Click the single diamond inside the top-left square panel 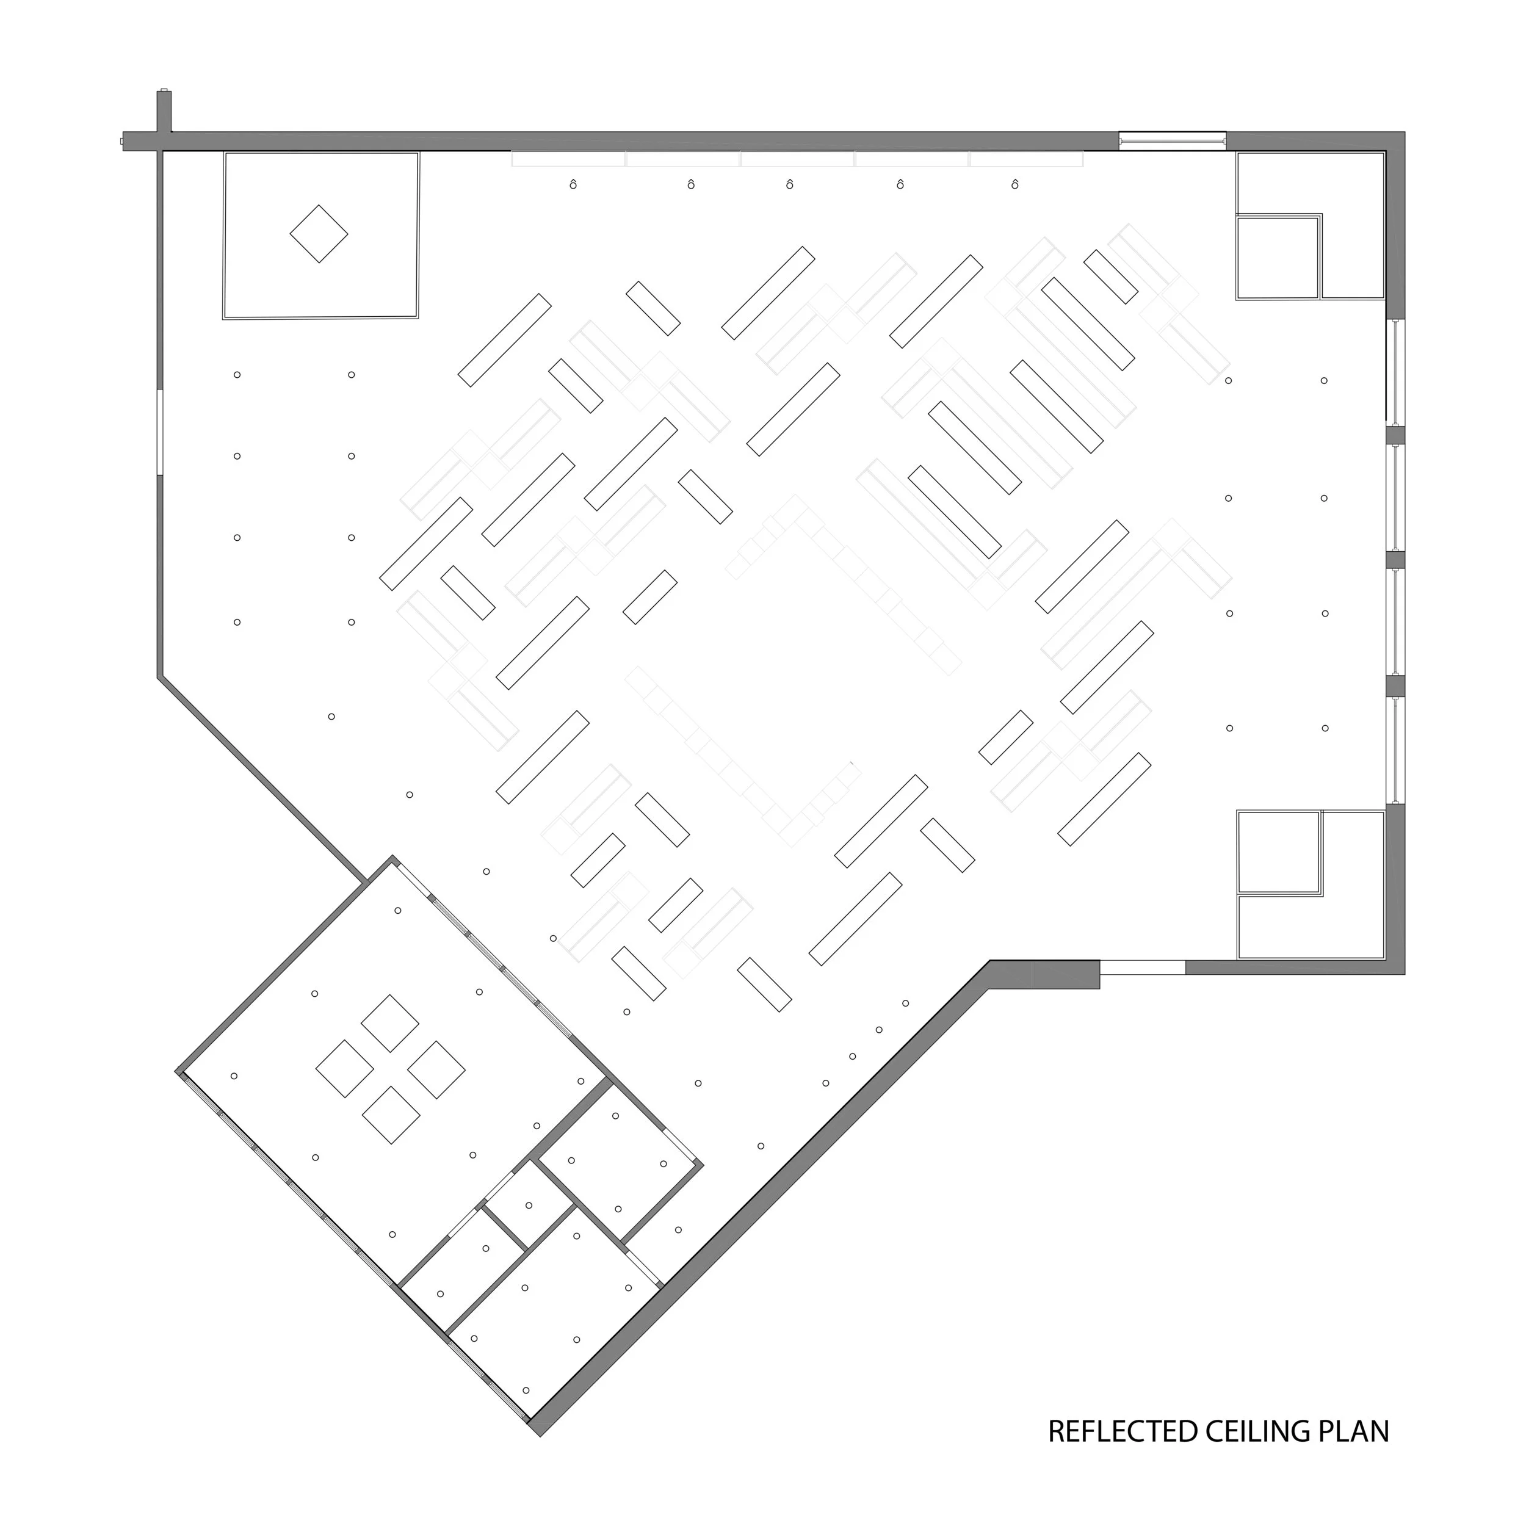click(319, 234)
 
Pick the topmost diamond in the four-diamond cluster click(390, 1024)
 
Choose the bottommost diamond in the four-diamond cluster click(391, 1115)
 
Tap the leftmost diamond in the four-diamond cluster click(344, 1069)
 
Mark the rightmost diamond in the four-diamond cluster click(437, 1069)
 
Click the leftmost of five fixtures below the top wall click(573, 185)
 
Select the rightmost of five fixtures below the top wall click(1015, 185)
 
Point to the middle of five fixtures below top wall click(790, 185)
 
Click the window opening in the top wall click(1172, 140)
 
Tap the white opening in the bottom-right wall click(1142, 967)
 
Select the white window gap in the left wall click(159, 432)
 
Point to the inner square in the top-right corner click(1278, 258)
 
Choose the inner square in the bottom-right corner click(1279, 852)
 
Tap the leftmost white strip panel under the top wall click(569, 159)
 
